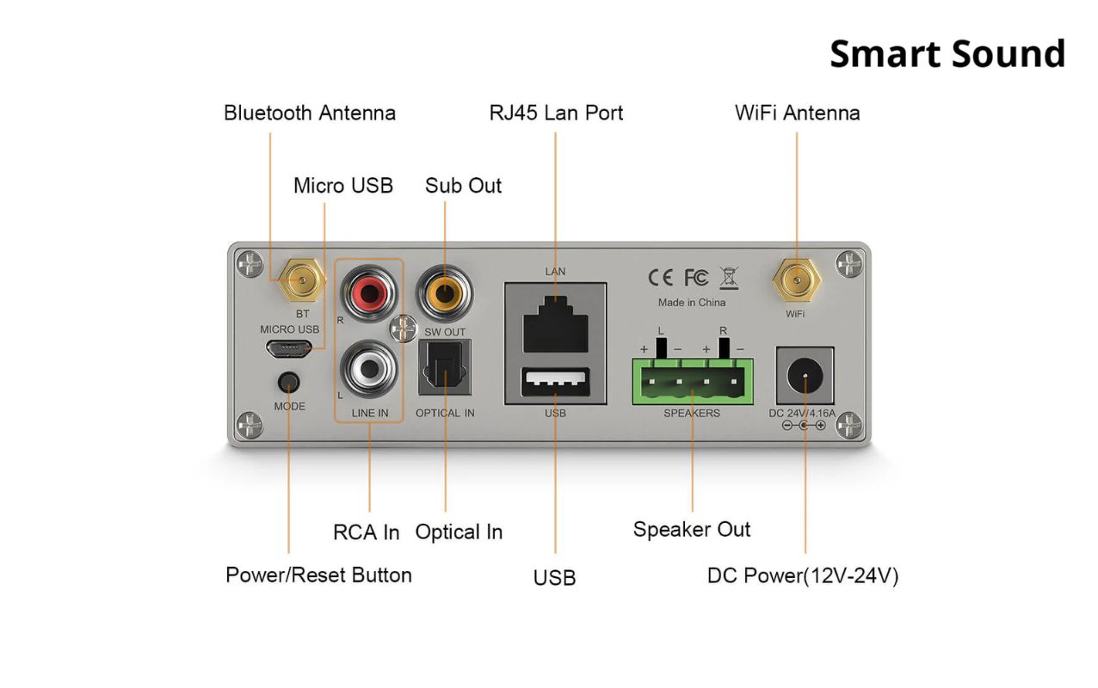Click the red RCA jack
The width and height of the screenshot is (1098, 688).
[x=370, y=292]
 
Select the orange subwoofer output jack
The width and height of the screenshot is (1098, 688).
[x=445, y=292]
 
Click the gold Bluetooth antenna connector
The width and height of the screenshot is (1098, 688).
[x=301, y=279]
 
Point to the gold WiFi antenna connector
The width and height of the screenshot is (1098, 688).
[x=796, y=279]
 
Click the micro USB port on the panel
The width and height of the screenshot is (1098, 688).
[x=288, y=349]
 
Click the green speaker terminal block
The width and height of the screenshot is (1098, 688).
[x=693, y=381]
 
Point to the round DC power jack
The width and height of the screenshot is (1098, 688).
[x=805, y=376]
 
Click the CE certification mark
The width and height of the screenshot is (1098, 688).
[x=660, y=278]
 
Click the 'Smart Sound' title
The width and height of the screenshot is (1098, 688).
[x=947, y=53]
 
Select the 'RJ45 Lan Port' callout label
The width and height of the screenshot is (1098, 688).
[x=556, y=113]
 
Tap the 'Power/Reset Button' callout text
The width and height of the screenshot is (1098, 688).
[x=318, y=574]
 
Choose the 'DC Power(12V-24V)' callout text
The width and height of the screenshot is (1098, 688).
[x=803, y=575]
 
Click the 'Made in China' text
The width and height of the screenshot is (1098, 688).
[x=691, y=303]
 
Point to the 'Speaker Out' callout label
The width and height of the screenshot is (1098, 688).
[x=692, y=529]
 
